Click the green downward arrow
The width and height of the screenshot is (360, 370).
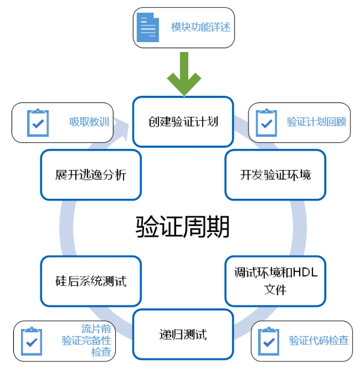(184, 74)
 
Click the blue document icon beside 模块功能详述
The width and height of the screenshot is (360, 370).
(148, 27)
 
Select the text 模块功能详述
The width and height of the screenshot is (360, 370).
(201, 27)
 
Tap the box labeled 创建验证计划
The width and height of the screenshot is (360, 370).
(183, 122)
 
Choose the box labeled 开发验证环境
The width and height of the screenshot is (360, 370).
(275, 175)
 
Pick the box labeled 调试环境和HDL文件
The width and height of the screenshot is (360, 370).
(275, 281)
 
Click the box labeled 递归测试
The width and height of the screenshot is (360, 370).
(183, 334)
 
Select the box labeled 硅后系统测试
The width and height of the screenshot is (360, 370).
(91, 281)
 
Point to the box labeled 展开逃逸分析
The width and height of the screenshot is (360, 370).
(91, 175)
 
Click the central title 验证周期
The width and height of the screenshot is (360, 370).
(183, 227)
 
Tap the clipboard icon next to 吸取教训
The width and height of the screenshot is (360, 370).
(38, 123)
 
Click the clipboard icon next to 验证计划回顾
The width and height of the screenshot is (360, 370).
(267, 123)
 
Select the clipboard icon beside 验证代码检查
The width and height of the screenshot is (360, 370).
(268, 341)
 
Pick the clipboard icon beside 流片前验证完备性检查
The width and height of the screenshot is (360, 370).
(31, 341)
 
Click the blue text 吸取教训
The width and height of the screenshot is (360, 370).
(89, 122)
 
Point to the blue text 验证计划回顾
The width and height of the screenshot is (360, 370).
(317, 122)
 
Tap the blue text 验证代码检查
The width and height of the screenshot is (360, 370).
(318, 340)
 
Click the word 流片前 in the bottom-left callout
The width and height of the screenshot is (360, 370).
(96, 328)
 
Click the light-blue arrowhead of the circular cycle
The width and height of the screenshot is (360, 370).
(122, 130)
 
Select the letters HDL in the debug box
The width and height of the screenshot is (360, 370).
(305, 272)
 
